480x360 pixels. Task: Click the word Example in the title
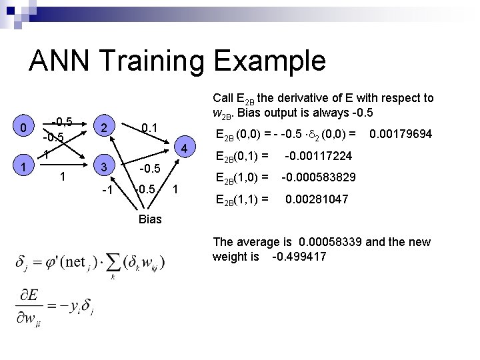tap(275, 61)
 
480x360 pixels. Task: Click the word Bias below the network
tap(150, 219)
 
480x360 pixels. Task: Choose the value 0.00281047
tap(317, 199)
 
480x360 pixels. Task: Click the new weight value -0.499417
tap(299, 256)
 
